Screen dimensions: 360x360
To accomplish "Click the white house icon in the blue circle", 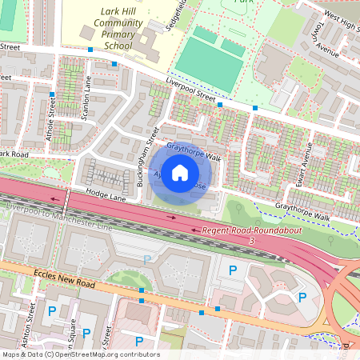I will point(180,172).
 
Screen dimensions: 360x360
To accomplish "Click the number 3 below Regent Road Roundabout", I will point(251,240).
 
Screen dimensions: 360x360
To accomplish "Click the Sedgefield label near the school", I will point(178,14).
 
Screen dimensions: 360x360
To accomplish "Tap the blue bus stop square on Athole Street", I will point(51,94).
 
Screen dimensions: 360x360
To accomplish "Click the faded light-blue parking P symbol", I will point(146,258).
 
